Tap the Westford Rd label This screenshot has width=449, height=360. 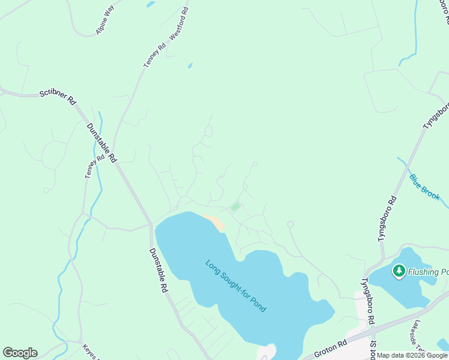tap(179, 25)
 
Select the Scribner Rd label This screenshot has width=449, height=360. tap(58, 97)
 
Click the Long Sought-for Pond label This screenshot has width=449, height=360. tap(236, 285)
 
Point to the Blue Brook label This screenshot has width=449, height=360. tap(424, 187)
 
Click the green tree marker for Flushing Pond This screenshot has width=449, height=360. tap(399, 271)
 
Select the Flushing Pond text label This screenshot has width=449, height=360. tap(428, 272)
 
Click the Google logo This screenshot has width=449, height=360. tap(20, 353)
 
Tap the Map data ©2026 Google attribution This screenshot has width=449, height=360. tap(412, 355)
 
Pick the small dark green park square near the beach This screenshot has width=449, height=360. tap(235, 207)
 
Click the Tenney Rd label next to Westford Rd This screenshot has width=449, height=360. tap(154, 56)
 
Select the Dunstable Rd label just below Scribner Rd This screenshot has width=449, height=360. tap(100, 143)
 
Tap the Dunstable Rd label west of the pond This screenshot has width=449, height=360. tap(158, 270)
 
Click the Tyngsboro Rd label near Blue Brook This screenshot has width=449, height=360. tap(387, 218)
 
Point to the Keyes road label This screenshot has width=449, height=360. tap(89, 352)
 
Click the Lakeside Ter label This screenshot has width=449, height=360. tap(417, 339)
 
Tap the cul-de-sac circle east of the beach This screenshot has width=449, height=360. tap(291, 224)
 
